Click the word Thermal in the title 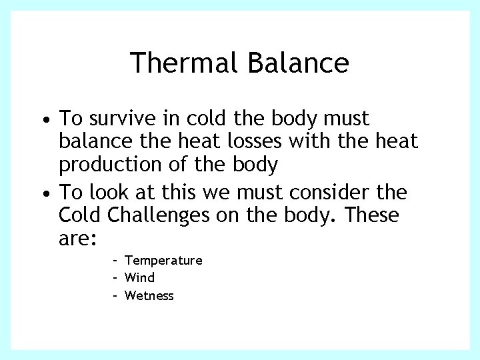click(x=184, y=63)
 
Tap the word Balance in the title click(x=297, y=63)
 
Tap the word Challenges click(x=175, y=216)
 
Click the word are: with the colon click(x=79, y=239)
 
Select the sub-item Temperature click(x=163, y=260)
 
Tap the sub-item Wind click(x=139, y=277)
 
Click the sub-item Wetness click(x=149, y=295)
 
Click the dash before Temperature click(x=115, y=260)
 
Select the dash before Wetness click(x=115, y=295)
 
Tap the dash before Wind click(x=115, y=277)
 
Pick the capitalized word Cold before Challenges click(x=81, y=216)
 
